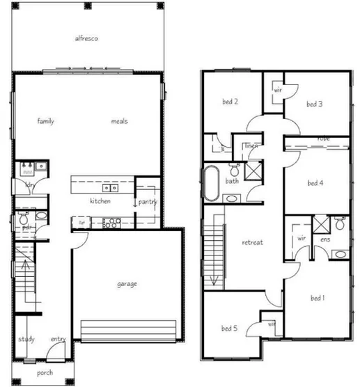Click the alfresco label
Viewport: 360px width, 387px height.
[x=86, y=39]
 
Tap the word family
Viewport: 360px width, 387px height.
[x=46, y=121]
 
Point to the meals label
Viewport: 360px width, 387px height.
[x=119, y=121]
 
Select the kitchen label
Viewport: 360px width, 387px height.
[x=100, y=201]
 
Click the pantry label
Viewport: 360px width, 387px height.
[x=148, y=203]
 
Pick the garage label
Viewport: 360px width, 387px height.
[x=127, y=284]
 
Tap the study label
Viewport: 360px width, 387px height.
[x=26, y=340]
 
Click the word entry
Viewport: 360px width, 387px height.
[x=58, y=340]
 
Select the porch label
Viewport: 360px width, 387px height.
[x=45, y=373]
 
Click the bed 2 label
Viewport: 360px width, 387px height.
[x=230, y=102]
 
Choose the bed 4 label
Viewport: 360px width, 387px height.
[x=315, y=183]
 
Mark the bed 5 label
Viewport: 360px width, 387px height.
[x=230, y=329]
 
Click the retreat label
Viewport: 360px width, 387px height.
[x=251, y=243]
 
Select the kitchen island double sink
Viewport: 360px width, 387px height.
[x=110, y=188]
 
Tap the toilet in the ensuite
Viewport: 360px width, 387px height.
[x=339, y=223]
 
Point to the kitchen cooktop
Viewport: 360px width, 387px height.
[x=111, y=223]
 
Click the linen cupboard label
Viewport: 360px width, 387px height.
[x=251, y=145]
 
